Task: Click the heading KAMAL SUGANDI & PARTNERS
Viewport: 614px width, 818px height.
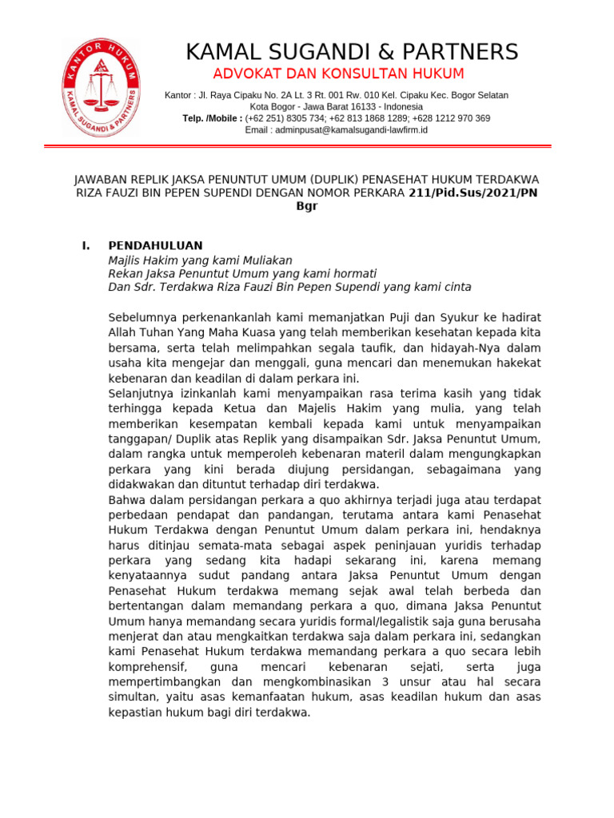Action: [x=352, y=52]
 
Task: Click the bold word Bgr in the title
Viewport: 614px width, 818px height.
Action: [x=307, y=206]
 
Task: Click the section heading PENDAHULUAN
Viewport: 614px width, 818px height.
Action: [x=155, y=245]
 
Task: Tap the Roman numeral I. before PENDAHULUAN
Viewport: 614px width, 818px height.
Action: [x=86, y=245]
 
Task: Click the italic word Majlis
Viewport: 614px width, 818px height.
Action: [x=127, y=260]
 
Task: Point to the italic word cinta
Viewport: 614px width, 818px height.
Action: [x=455, y=287]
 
